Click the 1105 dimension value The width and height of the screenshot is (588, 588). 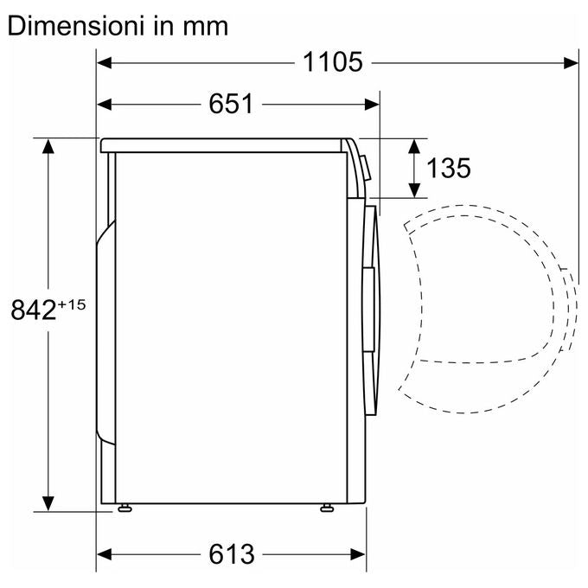333,62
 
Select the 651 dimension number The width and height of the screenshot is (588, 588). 231,104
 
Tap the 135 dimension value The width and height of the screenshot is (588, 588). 449,168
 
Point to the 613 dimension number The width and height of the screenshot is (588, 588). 232,554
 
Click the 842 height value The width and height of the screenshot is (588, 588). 34,310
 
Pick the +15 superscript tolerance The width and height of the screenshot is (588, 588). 72,304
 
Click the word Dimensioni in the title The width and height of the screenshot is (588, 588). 76,26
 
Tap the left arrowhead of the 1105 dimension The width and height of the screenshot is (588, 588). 105,62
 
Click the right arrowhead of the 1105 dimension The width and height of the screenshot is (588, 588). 571,62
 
